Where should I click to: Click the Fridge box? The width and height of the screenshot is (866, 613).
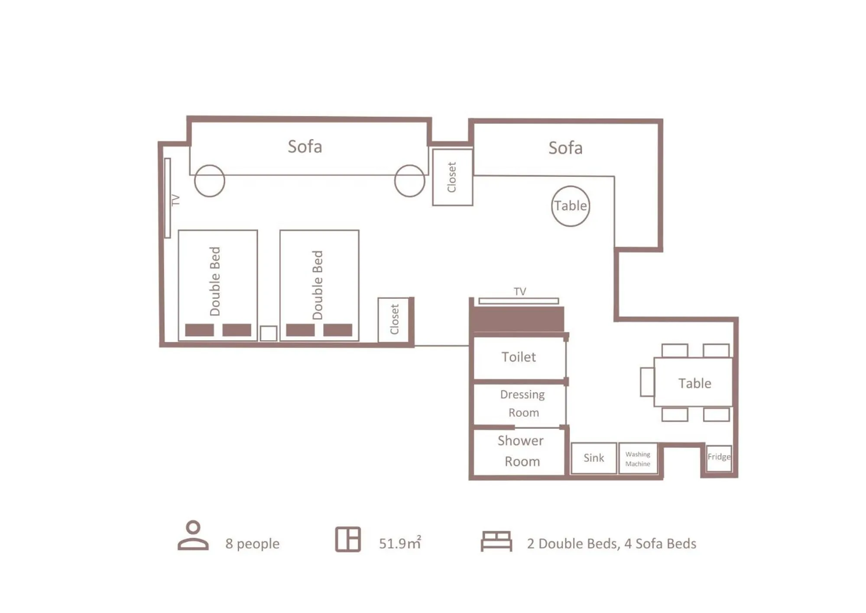[719, 458]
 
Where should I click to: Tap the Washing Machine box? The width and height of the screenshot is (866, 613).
[638, 458]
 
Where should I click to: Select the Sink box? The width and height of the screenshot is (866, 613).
[594, 458]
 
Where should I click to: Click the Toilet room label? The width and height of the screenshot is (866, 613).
[519, 357]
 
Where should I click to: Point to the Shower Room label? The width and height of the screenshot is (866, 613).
[521, 451]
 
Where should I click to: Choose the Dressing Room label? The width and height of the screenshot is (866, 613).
[522, 403]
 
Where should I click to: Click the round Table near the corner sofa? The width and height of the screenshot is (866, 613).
[571, 206]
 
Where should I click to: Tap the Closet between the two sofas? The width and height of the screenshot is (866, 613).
[452, 177]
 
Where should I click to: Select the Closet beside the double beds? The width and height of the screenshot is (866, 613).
[394, 320]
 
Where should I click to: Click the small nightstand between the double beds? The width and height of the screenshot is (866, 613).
[268, 333]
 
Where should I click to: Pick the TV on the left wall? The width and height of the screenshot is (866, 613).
[168, 198]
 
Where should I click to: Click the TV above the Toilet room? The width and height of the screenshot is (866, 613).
[519, 300]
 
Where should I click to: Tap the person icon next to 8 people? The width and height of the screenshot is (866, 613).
[193, 535]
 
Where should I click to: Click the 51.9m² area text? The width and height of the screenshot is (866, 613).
[399, 543]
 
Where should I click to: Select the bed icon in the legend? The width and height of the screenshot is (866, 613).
[496, 541]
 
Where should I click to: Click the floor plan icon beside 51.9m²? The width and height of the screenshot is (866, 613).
[348, 539]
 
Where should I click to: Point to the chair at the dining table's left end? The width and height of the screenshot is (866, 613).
[647, 381]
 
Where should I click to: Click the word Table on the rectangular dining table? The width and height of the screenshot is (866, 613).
[694, 383]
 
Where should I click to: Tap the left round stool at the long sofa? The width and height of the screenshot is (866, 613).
[210, 181]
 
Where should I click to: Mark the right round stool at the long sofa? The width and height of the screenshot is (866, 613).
[409, 181]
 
